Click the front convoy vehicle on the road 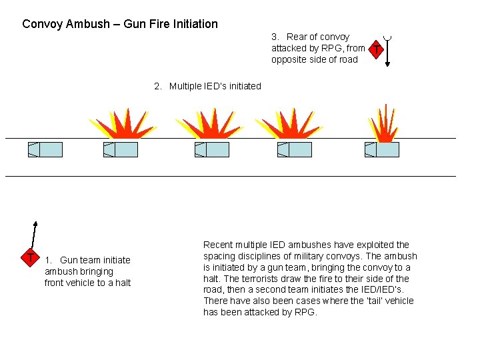[45, 149]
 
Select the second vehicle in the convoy [121, 149]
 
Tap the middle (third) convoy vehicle [212, 149]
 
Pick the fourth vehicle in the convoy [295, 149]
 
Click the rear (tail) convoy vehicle [382, 149]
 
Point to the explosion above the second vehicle [121, 124]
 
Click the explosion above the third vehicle [209, 124]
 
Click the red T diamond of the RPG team [377, 50]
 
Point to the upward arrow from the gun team [34, 235]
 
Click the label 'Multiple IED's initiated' [215, 86]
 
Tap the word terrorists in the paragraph [246, 279]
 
